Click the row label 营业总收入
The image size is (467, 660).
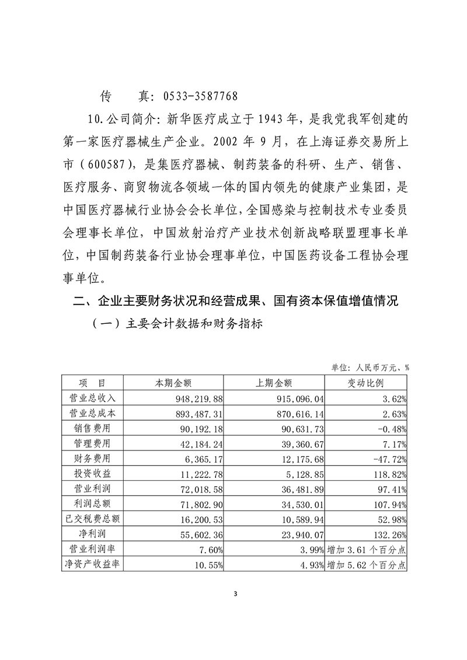click(x=93, y=397)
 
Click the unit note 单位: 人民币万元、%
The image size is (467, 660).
click(x=370, y=368)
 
